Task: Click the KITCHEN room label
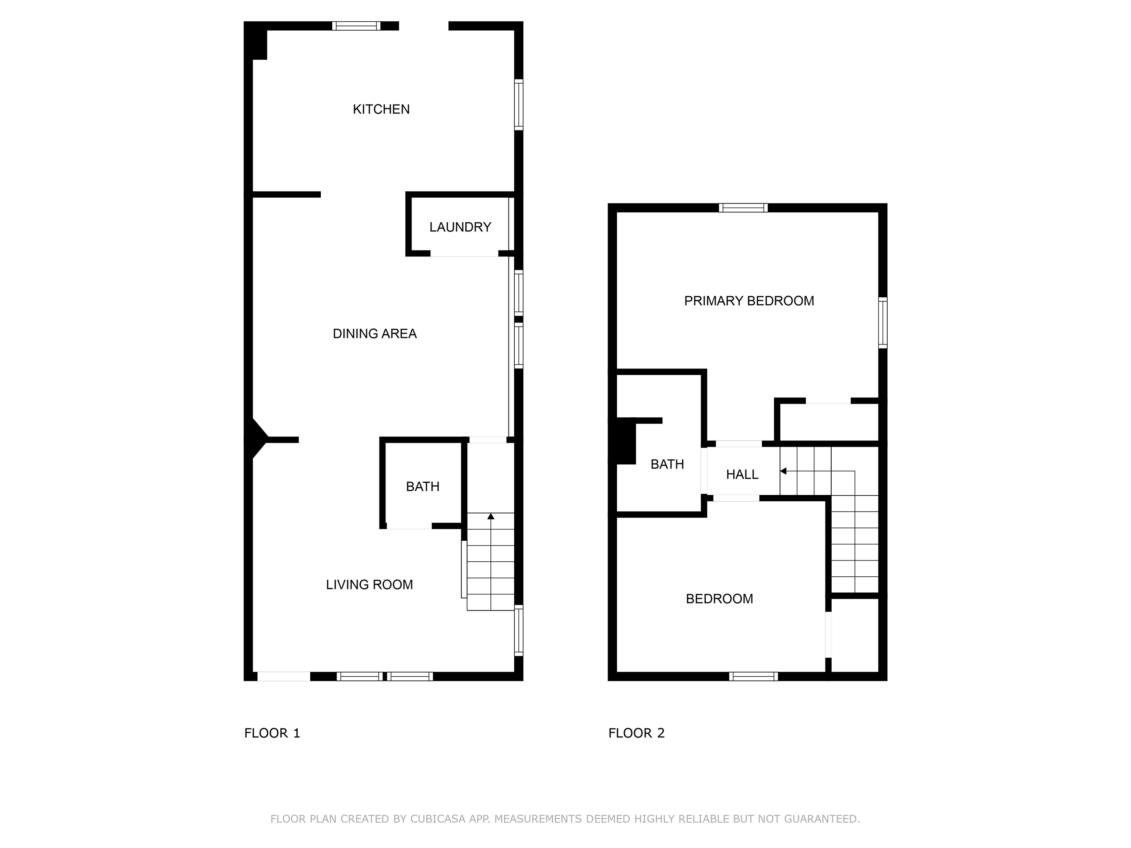pos(381,109)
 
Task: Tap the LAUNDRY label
pos(460,227)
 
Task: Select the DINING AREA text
pos(375,334)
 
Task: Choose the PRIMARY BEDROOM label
pos(749,301)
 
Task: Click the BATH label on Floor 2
pos(667,464)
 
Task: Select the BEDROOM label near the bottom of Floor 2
pos(719,598)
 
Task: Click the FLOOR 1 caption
pos(272,733)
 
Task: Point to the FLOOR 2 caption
pos(636,733)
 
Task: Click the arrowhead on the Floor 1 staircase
pos(491,516)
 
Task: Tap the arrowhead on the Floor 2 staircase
pos(783,471)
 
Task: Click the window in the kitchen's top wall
pos(356,25)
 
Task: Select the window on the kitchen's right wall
pos(518,105)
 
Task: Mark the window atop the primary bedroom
pos(743,208)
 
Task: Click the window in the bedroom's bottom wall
pos(754,676)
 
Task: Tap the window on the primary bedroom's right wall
pos(882,322)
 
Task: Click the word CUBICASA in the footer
pos(438,819)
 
